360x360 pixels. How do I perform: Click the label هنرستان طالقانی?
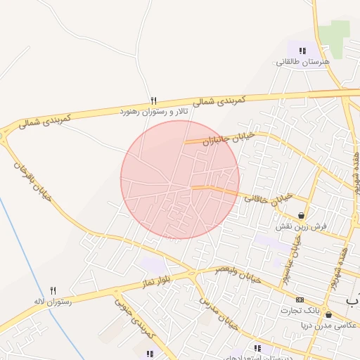[x=302, y=62]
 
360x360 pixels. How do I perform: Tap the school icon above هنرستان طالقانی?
[x=302, y=51]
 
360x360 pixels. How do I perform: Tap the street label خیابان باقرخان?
[x=32, y=181]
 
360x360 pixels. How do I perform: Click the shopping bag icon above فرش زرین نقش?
[x=302, y=216]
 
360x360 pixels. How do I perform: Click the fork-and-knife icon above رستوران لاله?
[x=53, y=290]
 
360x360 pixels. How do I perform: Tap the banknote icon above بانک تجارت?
[x=300, y=300]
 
